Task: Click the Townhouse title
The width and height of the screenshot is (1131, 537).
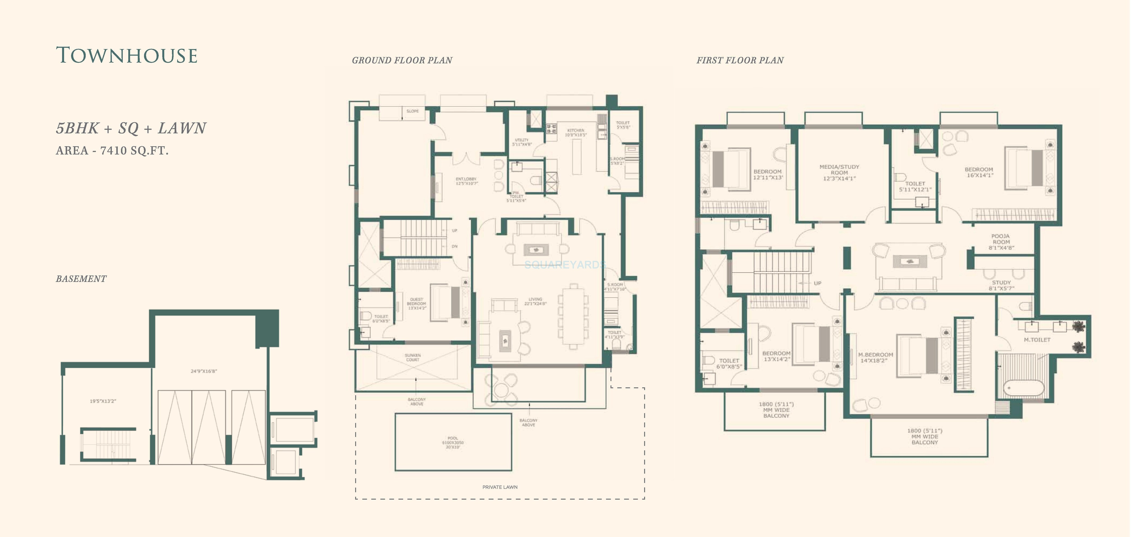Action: coord(127,56)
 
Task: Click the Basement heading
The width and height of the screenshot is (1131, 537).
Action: coord(81,279)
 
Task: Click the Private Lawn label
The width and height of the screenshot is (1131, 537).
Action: coord(500,487)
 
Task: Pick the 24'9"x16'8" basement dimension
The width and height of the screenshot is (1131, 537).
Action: coord(204,371)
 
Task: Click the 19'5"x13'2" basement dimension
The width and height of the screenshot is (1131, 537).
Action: coord(103,401)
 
